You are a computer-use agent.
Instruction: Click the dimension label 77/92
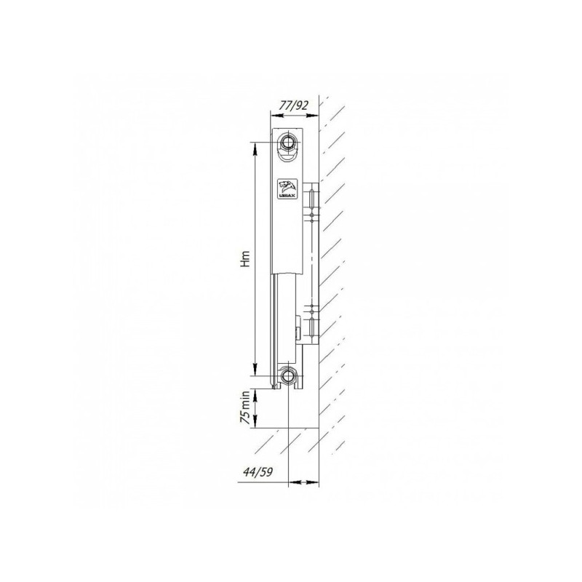coord(295,106)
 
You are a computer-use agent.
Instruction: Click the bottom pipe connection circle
coord(290,376)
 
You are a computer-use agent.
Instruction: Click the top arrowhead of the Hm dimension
coord(255,146)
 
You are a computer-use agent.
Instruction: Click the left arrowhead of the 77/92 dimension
coord(276,116)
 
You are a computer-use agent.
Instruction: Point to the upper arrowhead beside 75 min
coord(255,393)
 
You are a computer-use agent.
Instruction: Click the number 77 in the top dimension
coord(286,106)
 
